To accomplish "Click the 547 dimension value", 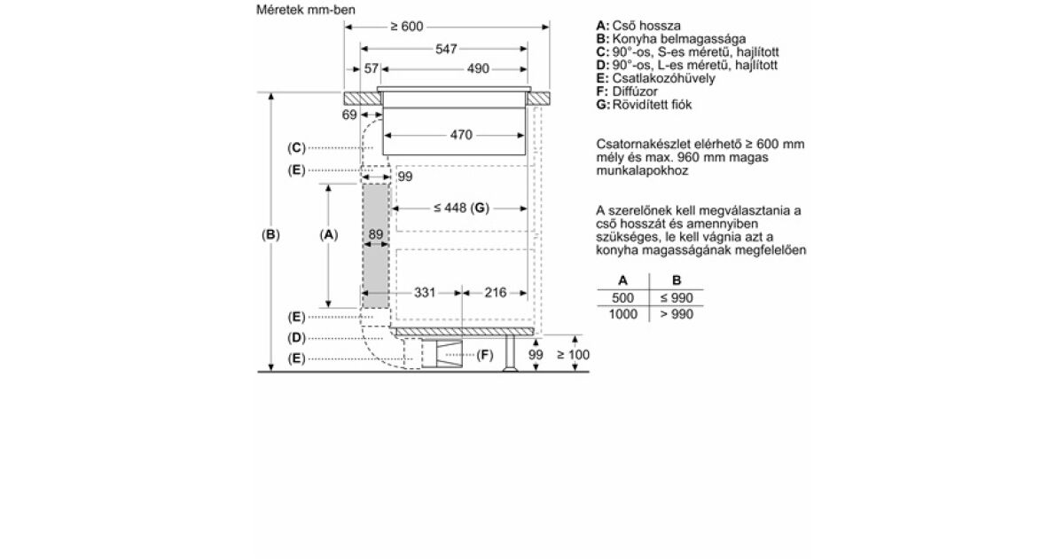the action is click(x=446, y=49).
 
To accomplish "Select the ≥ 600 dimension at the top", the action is click(x=407, y=26).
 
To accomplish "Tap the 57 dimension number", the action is click(x=371, y=69).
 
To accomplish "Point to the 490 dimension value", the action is click(x=478, y=69).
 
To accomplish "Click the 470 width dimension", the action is click(x=461, y=135).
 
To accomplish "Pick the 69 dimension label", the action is click(x=349, y=114).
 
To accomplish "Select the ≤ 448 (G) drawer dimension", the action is click(x=461, y=209).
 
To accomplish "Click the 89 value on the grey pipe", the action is click(x=376, y=234).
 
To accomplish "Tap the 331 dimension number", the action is click(x=425, y=292).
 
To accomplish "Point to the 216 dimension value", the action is click(x=496, y=292).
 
